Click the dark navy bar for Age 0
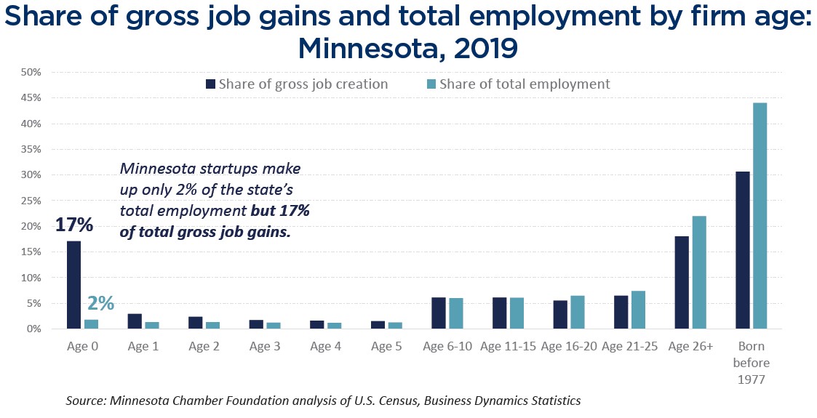click(x=73, y=285)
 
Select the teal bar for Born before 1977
click(x=760, y=216)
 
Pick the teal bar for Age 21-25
click(x=638, y=310)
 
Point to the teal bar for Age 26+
click(x=699, y=273)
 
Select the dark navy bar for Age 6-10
click(x=439, y=313)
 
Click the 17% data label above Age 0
click(x=73, y=225)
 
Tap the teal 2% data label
click(x=100, y=303)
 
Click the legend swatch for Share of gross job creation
click(x=211, y=84)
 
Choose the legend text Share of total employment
click(x=525, y=84)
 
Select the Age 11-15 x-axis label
click(x=509, y=347)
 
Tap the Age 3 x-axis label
click(x=265, y=347)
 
